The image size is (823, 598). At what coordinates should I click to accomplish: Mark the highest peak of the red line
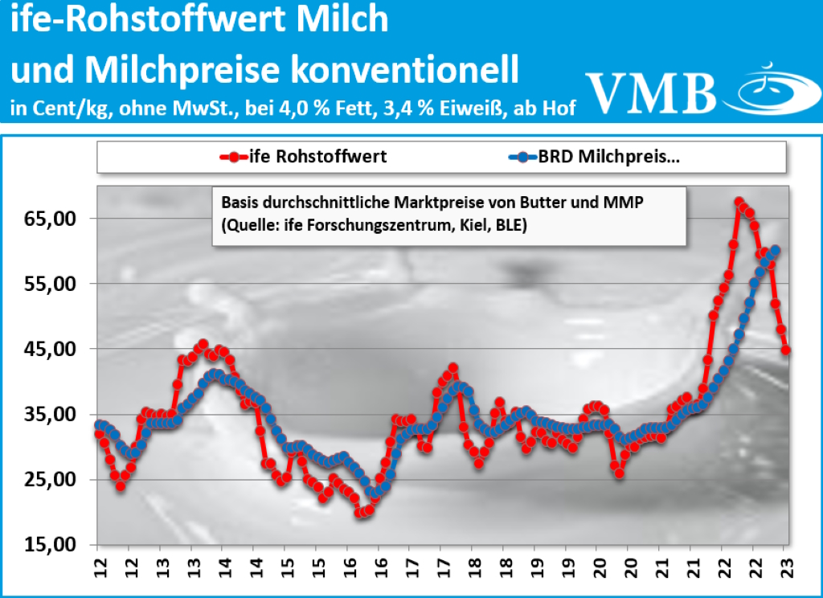[739, 203]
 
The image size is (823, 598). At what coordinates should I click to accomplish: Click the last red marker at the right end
[786, 350]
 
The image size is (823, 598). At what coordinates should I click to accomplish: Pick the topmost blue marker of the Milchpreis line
[776, 250]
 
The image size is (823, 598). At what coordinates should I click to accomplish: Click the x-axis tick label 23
[786, 566]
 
